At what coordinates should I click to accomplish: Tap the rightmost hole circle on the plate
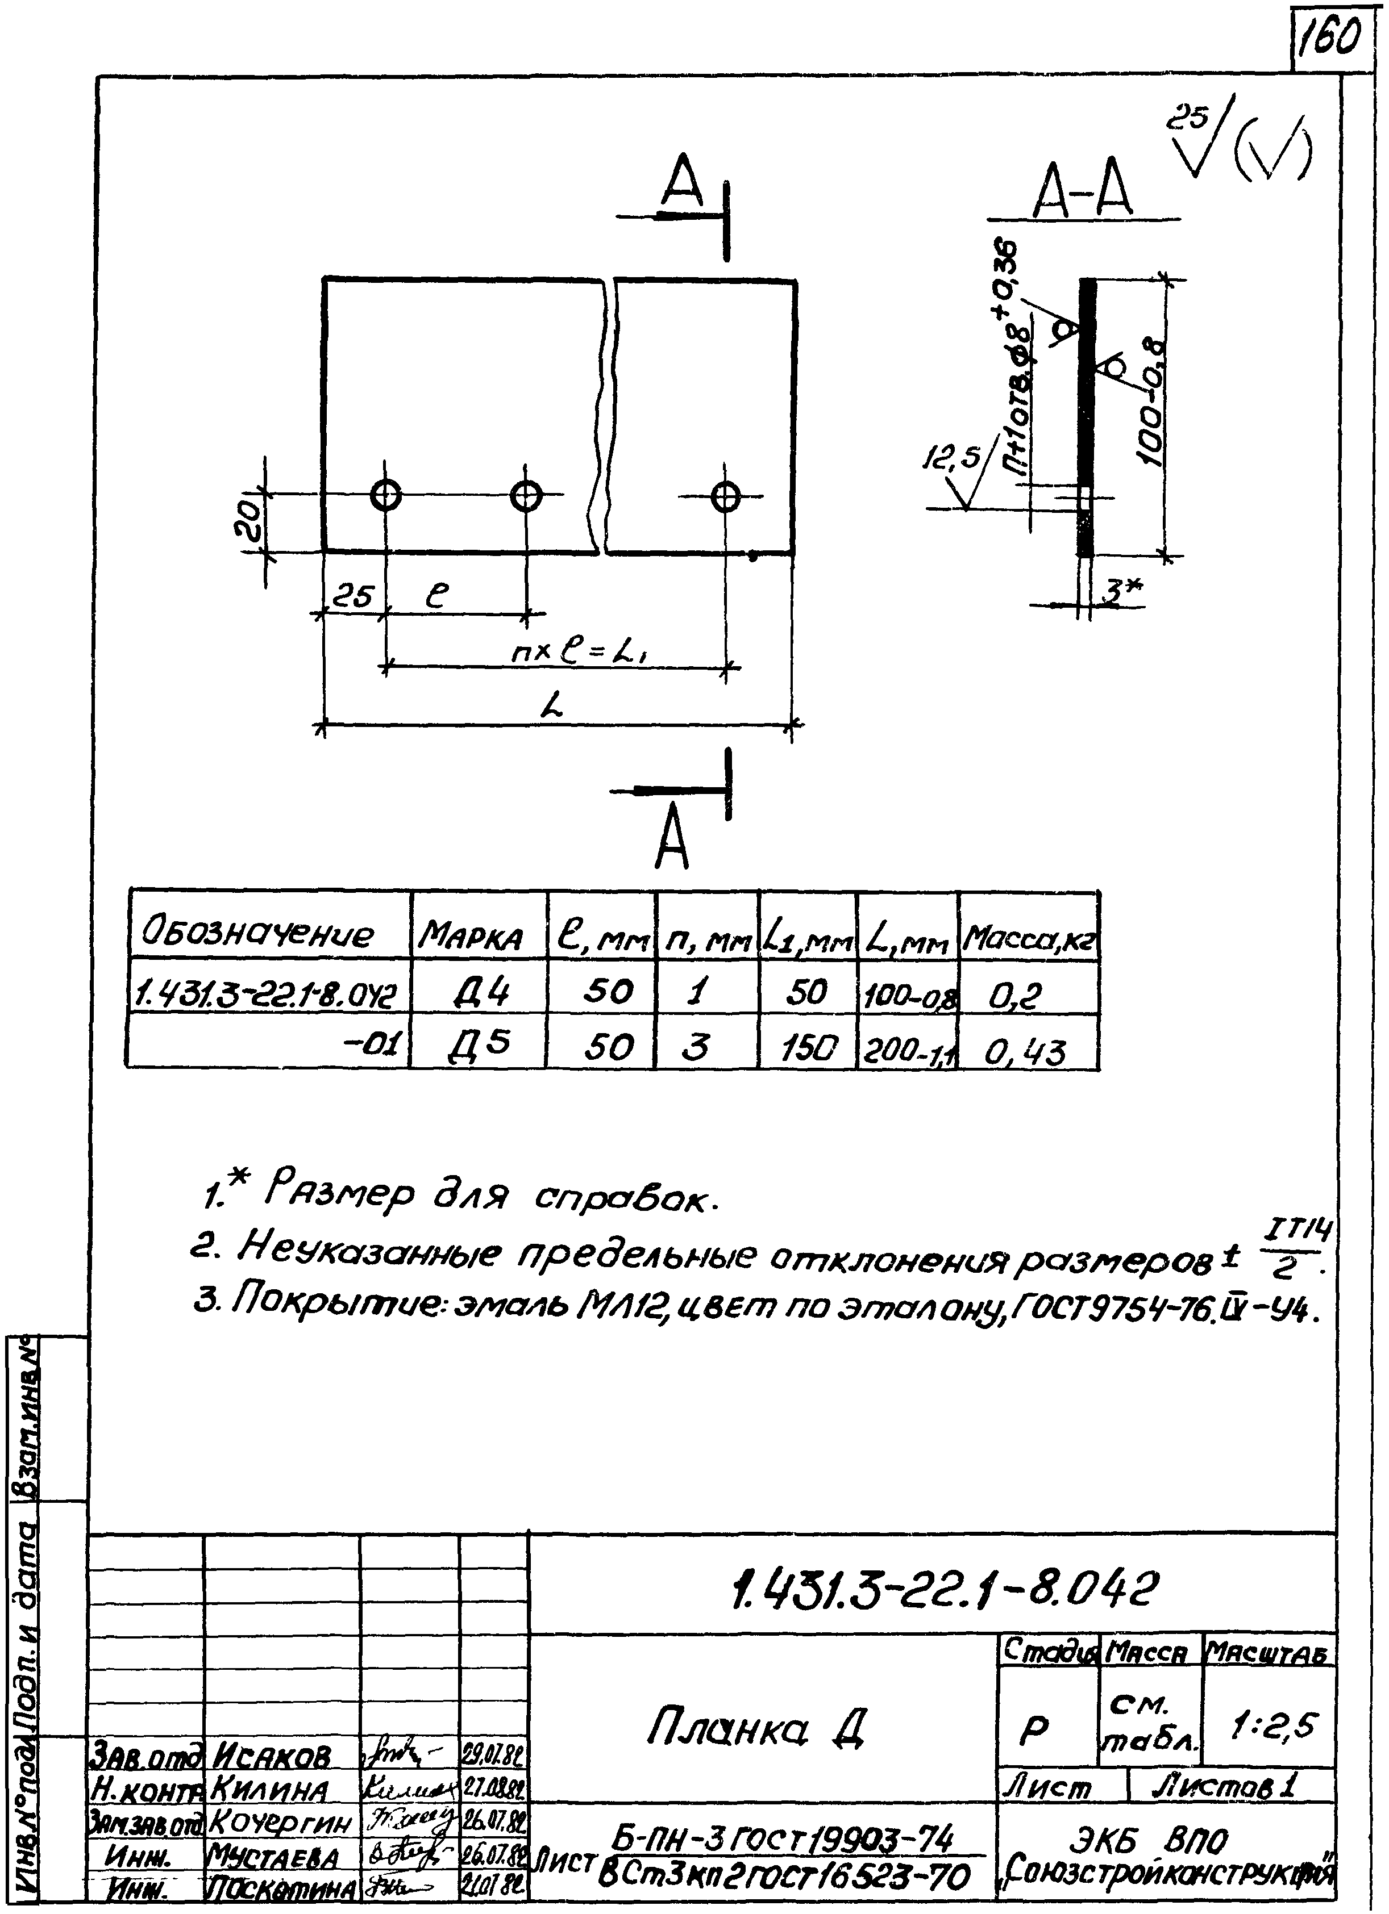725,496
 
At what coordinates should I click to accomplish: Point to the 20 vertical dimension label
247,523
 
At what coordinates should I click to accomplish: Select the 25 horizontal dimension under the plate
353,597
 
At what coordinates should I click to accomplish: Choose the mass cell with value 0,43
1025,1051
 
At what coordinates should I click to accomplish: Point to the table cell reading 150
807,1047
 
